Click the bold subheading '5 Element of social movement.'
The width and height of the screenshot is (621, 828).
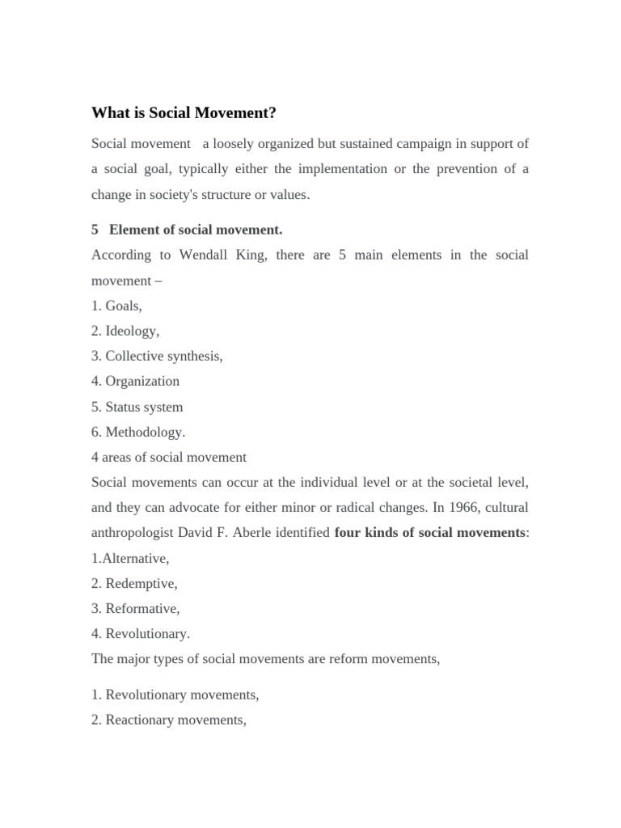point(187,230)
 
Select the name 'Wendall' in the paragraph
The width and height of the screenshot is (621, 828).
point(208,255)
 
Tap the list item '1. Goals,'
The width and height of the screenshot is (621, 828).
point(117,306)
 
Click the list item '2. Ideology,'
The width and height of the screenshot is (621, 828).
point(125,331)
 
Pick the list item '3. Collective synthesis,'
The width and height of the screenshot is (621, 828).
point(157,356)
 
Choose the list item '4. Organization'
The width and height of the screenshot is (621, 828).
point(135,381)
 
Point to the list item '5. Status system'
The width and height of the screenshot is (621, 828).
point(137,407)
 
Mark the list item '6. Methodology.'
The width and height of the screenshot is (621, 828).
point(138,432)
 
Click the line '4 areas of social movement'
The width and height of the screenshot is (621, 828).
point(169,457)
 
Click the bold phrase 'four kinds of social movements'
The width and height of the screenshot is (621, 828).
point(429,533)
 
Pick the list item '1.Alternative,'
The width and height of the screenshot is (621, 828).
point(130,558)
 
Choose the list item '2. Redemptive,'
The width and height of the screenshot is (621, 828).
point(134,583)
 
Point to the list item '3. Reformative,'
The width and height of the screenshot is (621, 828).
point(136,608)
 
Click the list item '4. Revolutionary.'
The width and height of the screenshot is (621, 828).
point(141,633)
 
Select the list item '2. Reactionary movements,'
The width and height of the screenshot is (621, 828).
point(169,720)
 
